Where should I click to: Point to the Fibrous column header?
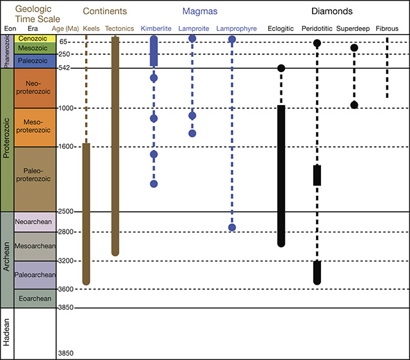pyautogui.click(x=387, y=28)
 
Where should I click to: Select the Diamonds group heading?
pyautogui.click(x=335, y=11)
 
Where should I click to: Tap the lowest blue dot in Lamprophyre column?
pyautogui.click(x=232, y=227)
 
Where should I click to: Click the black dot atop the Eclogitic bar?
pyautogui.click(x=281, y=68)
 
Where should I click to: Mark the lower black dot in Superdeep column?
pyautogui.click(x=354, y=105)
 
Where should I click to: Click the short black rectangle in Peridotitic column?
pyautogui.click(x=317, y=175)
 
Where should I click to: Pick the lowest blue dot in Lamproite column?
pyautogui.click(x=192, y=133)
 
